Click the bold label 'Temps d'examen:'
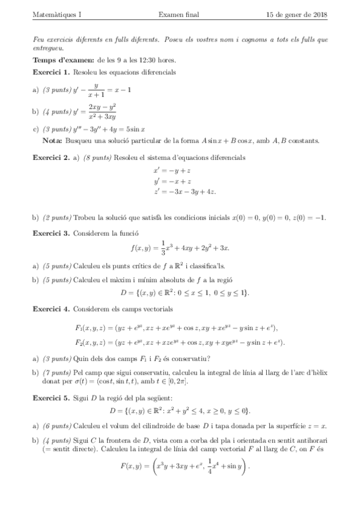coord(63,61)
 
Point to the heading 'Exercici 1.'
coord(52,72)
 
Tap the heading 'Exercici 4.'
coord(52,309)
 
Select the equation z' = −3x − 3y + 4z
coord(185,191)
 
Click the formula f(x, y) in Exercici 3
coord(180,247)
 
